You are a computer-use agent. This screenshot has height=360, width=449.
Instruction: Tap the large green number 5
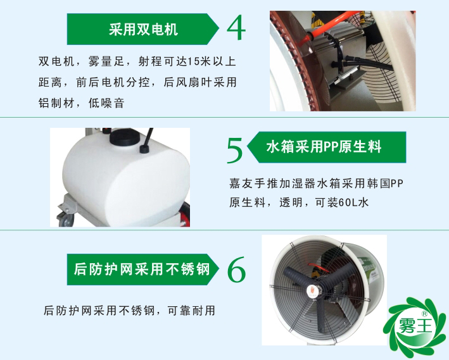[235, 151]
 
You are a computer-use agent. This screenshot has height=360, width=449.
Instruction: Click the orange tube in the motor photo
[317, 32]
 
